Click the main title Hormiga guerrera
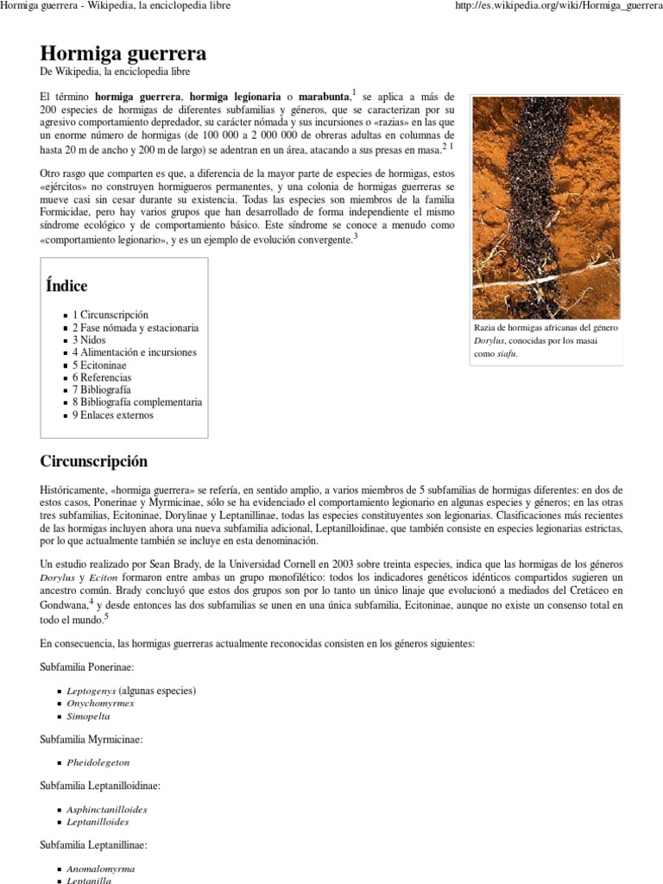tap(123, 54)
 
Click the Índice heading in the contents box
tap(66, 286)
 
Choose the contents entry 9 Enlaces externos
tap(113, 415)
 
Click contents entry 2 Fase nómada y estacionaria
tap(136, 328)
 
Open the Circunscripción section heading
tap(94, 461)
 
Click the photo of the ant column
tap(546, 204)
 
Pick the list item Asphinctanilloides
tap(107, 810)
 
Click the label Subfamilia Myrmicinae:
tap(92, 740)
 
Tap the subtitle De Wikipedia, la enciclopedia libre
tap(115, 73)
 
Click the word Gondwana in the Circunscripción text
tap(64, 606)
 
